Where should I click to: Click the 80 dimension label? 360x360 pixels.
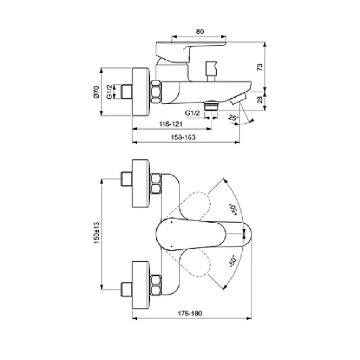200,31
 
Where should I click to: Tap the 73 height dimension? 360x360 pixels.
259,67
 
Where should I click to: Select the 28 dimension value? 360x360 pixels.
259,99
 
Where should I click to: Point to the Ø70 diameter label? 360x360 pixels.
97,92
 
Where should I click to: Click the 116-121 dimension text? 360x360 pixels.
171,124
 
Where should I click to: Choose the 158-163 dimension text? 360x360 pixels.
183,137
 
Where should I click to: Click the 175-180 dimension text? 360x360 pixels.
190,313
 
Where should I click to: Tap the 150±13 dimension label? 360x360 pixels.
97,233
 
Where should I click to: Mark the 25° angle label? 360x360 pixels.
233,118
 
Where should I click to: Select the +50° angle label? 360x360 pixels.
233,210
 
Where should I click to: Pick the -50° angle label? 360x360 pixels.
233,261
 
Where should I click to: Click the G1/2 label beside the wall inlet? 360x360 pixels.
110,92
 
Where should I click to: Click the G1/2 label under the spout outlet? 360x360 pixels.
192,113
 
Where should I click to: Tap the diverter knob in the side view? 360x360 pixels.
211,71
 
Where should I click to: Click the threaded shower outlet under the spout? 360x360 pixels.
211,105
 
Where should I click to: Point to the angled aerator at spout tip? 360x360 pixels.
238,99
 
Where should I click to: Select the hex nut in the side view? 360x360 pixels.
156,92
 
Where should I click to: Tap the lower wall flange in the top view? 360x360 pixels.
141,285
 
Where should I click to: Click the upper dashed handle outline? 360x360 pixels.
188,205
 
